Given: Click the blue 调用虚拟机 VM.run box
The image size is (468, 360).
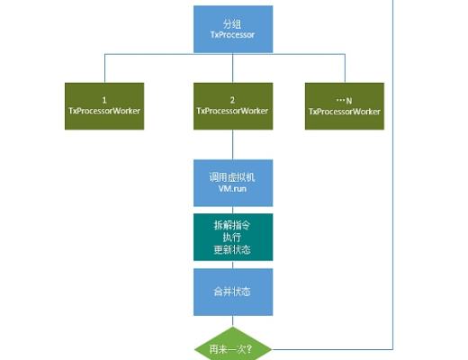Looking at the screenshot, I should click(233, 184).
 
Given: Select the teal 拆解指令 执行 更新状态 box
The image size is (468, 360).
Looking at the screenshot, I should click(233, 237).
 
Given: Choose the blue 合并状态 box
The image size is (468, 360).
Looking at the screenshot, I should click(233, 291).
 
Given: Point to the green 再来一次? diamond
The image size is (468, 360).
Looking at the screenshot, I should click(233, 346).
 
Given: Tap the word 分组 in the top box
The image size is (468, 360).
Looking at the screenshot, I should click(233, 22).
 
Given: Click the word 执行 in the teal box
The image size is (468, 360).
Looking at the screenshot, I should click(233, 237).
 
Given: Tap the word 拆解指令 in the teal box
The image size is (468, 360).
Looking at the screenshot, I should click(233, 223).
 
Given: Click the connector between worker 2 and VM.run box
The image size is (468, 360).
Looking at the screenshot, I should click(233, 143).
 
